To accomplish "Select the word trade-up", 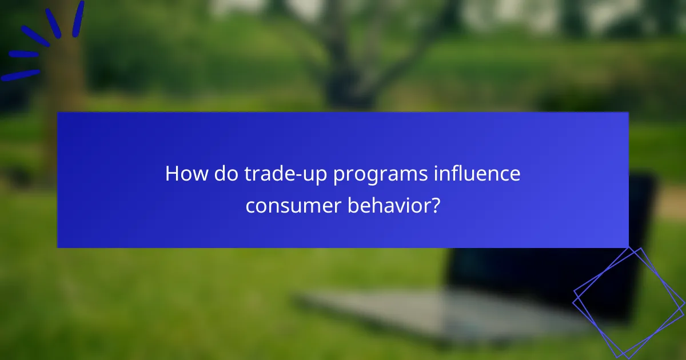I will (x=277, y=174).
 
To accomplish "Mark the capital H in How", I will (x=171, y=174).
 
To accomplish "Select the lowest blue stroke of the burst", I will (x=20, y=75).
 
